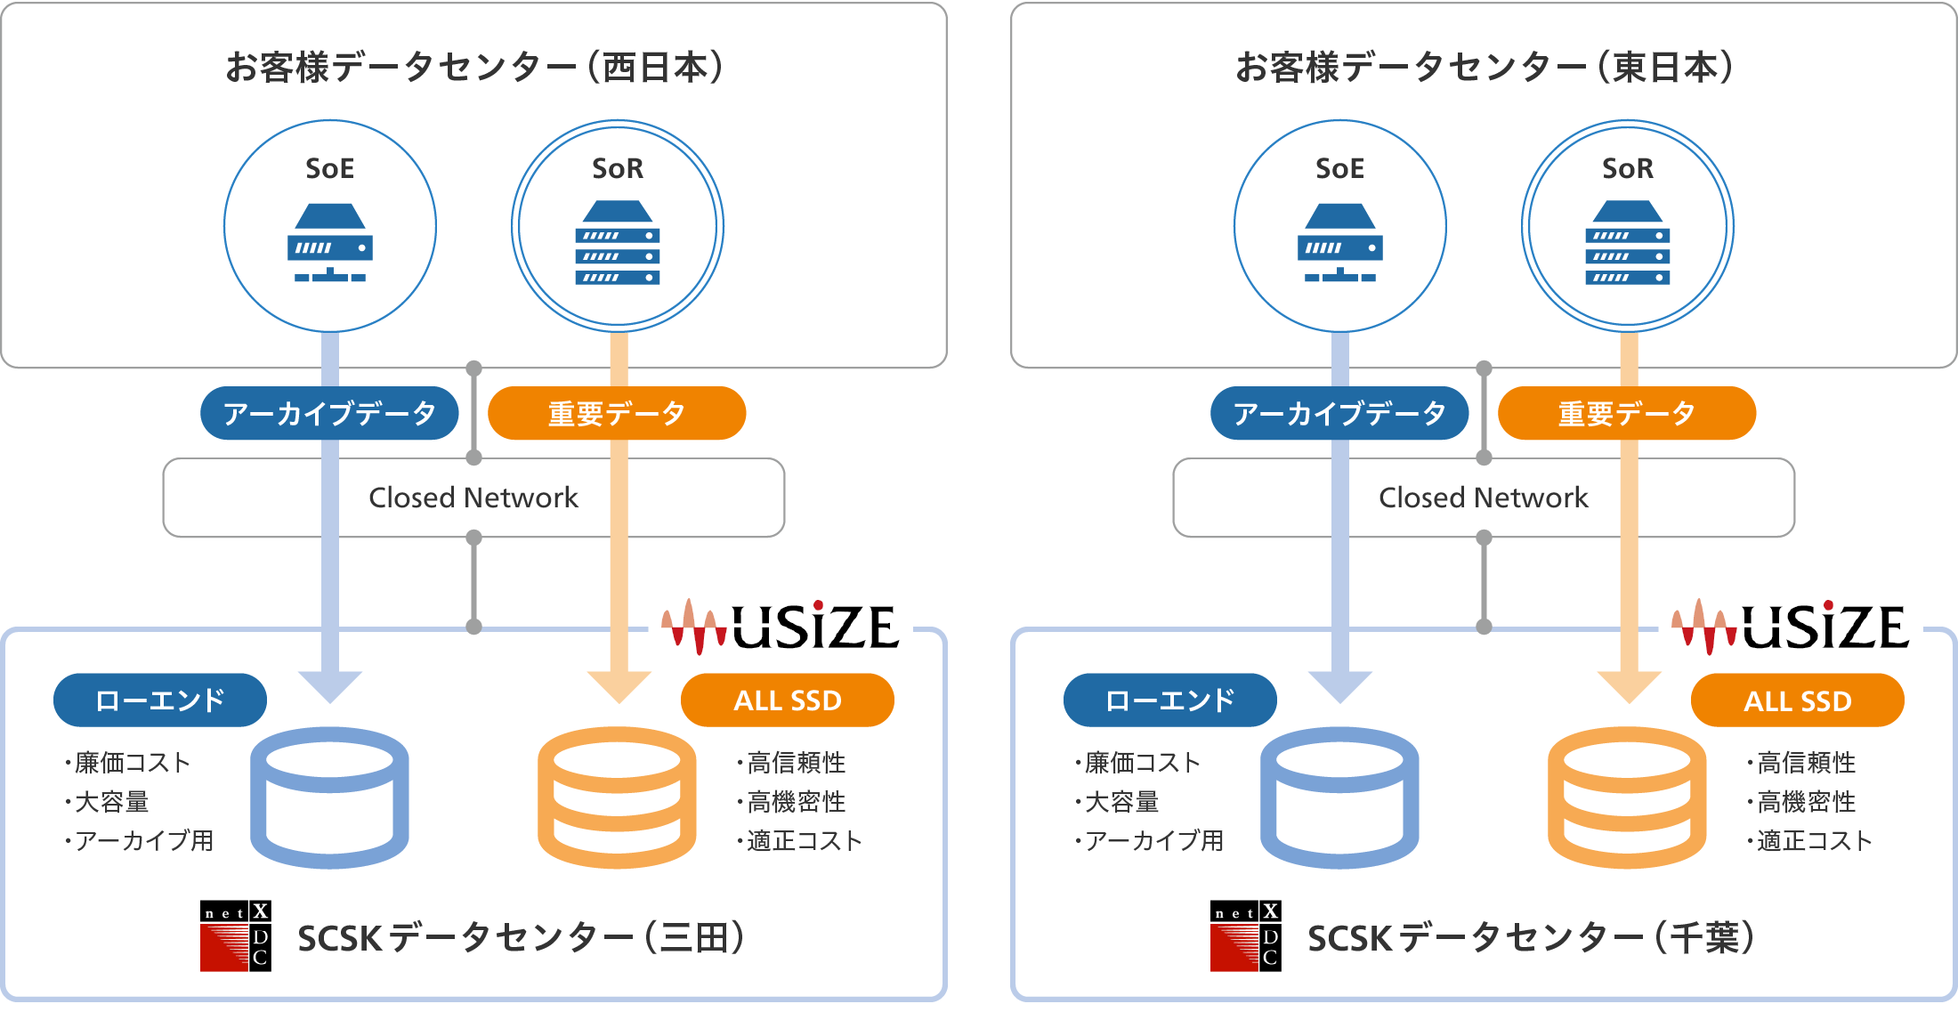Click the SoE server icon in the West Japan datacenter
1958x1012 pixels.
330,243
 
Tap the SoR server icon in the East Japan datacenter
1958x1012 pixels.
1627,243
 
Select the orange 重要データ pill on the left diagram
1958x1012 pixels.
617,413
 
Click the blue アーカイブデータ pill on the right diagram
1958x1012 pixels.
1339,413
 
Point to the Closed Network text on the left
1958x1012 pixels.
473,498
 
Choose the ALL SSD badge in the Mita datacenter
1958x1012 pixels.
788,700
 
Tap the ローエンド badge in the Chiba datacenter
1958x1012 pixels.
1169,700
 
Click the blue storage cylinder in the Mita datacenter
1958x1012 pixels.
329,797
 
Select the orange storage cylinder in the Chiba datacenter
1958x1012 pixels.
1627,797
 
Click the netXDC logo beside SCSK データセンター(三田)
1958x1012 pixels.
236,935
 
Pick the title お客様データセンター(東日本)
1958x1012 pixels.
1484,68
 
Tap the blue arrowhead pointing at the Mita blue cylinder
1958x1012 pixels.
330,686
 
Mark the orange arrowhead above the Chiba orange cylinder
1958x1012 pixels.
1629,686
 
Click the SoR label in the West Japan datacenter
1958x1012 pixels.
618,168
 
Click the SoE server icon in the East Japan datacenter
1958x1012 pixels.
1339,243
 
